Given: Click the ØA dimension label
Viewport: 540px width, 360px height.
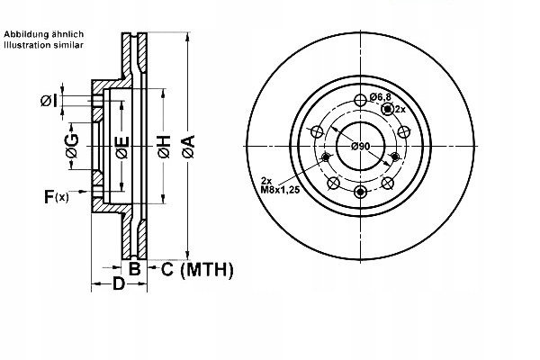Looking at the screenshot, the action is click(x=189, y=147).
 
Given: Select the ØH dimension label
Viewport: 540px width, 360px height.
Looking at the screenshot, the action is click(x=164, y=147).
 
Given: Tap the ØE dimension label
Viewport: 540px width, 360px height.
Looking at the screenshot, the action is click(x=122, y=148).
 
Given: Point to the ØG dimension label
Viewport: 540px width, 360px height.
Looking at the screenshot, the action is click(x=72, y=146).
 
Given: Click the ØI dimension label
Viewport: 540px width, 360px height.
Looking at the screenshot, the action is click(x=49, y=101).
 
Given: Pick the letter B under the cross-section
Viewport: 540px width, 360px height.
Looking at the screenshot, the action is click(x=135, y=269).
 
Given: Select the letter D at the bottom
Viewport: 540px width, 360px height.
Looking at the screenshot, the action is click(x=119, y=283).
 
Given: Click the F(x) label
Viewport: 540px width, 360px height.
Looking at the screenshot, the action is click(x=57, y=196).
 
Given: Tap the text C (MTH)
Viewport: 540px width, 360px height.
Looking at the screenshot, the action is click(x=197, y=269).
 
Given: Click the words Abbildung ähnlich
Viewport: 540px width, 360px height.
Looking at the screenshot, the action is click(x=44, y=34).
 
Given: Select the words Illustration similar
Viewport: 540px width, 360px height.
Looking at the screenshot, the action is click(x=44, y=45).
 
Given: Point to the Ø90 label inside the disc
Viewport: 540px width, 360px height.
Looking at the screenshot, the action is click(x=361, y=147).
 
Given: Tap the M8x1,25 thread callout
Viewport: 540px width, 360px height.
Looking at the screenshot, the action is click(x=280, y=190).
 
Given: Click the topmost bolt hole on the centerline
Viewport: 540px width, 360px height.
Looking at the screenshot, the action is click(x=360, y=101).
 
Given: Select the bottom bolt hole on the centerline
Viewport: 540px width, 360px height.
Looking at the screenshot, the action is click(x=360, y=192).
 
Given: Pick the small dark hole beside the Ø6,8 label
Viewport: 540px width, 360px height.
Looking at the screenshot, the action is click(x=388, y=109).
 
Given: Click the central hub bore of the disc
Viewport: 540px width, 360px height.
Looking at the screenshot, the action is click(x=360, y=146).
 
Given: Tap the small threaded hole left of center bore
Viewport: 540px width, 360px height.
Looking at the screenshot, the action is click(x=326, y=157).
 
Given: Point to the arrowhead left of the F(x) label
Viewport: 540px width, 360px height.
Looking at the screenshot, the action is click(x=83, y=191).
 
